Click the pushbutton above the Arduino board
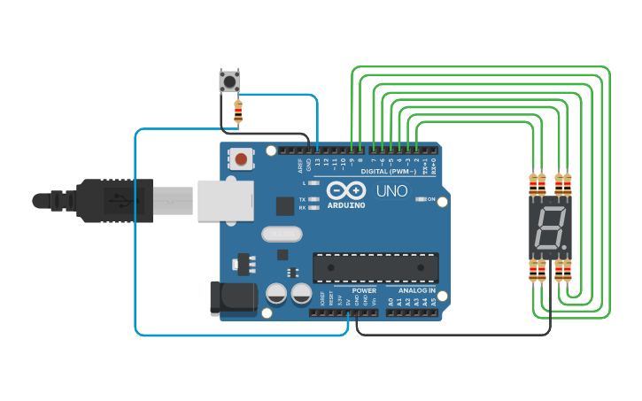point(229,81)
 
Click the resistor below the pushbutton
point(237,112)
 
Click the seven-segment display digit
point(547,228)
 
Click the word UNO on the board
point(391,191)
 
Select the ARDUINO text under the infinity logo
point(346,204)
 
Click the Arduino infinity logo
point(346,190)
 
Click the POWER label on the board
point(363,290)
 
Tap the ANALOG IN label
point(416,290)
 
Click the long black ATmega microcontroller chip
point(375,267)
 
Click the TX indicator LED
point(314,199)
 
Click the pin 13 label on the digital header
point(318,162)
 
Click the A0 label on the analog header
point(391,302)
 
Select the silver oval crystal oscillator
point(282,234)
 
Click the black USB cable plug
point(115,201)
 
